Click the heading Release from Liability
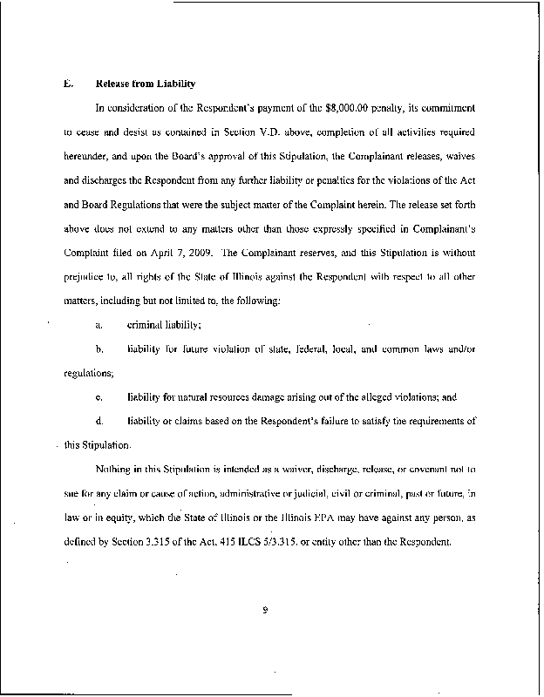[146, 84]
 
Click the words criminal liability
[165, 324]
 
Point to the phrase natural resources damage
[218, 396]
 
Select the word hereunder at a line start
[88, 161]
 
